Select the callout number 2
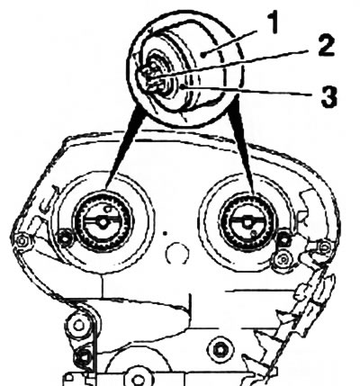[326, 46]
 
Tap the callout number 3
[329, 96]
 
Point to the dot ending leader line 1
[203, 55]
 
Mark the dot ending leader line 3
[183, 87]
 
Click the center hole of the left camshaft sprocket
[103, 221]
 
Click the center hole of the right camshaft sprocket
[247, 222]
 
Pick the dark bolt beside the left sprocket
[65, 238]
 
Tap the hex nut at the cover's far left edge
[22, 240]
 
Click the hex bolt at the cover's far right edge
[324, 247]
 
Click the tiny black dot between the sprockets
[164, 233]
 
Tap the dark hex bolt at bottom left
[83, 356]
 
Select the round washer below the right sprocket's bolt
[283, 258]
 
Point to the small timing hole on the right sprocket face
[255, 233]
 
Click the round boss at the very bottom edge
[137, 379]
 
